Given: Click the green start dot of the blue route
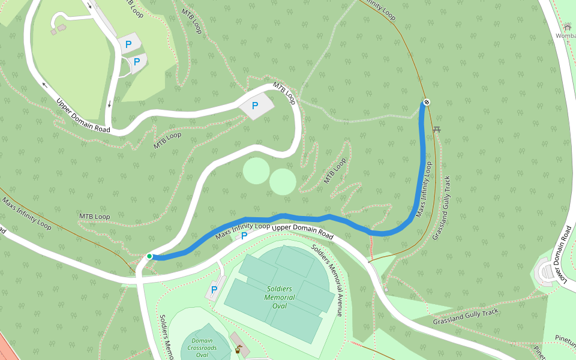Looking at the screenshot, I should [x=149, y=256].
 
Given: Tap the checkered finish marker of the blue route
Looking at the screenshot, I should [x=427, y=102].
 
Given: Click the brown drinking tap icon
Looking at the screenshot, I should [x=238, y=350].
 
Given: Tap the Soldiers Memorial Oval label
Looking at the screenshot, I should [x=280, y=297].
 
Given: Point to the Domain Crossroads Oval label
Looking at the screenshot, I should [x=200, y=347].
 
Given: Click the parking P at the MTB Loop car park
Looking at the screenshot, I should [x=255, y=106].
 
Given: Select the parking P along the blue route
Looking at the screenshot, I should [x=244, y=236].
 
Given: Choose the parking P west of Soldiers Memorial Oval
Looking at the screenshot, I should [x=214, y=289].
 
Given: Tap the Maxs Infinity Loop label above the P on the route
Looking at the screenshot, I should [x=242, y=230].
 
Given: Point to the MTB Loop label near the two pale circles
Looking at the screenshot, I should [x=335, y=170].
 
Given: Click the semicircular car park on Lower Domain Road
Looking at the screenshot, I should [x=548, y=273].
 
